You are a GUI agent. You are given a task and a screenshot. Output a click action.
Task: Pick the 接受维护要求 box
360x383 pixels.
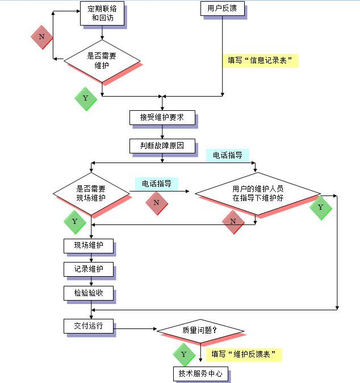click(x=162, y=118)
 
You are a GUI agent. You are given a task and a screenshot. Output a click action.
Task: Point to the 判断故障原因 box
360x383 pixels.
click(x=162, y=145)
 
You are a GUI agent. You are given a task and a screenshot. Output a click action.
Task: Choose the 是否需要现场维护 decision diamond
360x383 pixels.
click(x=91, y=193)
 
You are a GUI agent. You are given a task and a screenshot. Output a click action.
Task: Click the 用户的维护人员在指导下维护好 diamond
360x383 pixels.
click(x=258, y=194)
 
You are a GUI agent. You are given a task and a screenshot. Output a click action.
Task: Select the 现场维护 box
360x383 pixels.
click(x=88, y=246)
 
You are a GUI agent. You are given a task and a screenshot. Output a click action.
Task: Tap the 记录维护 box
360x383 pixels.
click(x=88, y=269)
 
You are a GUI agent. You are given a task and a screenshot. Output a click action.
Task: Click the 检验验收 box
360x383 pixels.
click(x=88, y=293)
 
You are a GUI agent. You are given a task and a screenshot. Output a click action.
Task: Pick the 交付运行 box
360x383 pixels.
click(x=88, y=327)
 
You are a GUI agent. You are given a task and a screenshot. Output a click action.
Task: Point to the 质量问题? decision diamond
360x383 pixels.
click(x=200, y=330)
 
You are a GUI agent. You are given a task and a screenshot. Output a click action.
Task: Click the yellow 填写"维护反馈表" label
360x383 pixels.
click(x=244, y=355)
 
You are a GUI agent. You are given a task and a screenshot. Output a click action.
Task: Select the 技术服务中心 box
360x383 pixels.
click(x=200, y=373)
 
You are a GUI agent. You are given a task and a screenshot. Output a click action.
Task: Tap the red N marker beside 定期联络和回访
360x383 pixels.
click(x=41, y=37)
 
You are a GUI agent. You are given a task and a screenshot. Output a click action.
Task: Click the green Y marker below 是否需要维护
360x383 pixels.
click(x=86, y=98)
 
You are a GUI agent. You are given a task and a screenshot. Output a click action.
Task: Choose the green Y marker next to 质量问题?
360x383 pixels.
click(x=184, y=354)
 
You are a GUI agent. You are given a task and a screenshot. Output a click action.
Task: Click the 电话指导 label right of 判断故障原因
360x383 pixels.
click(x=227, y=155)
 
